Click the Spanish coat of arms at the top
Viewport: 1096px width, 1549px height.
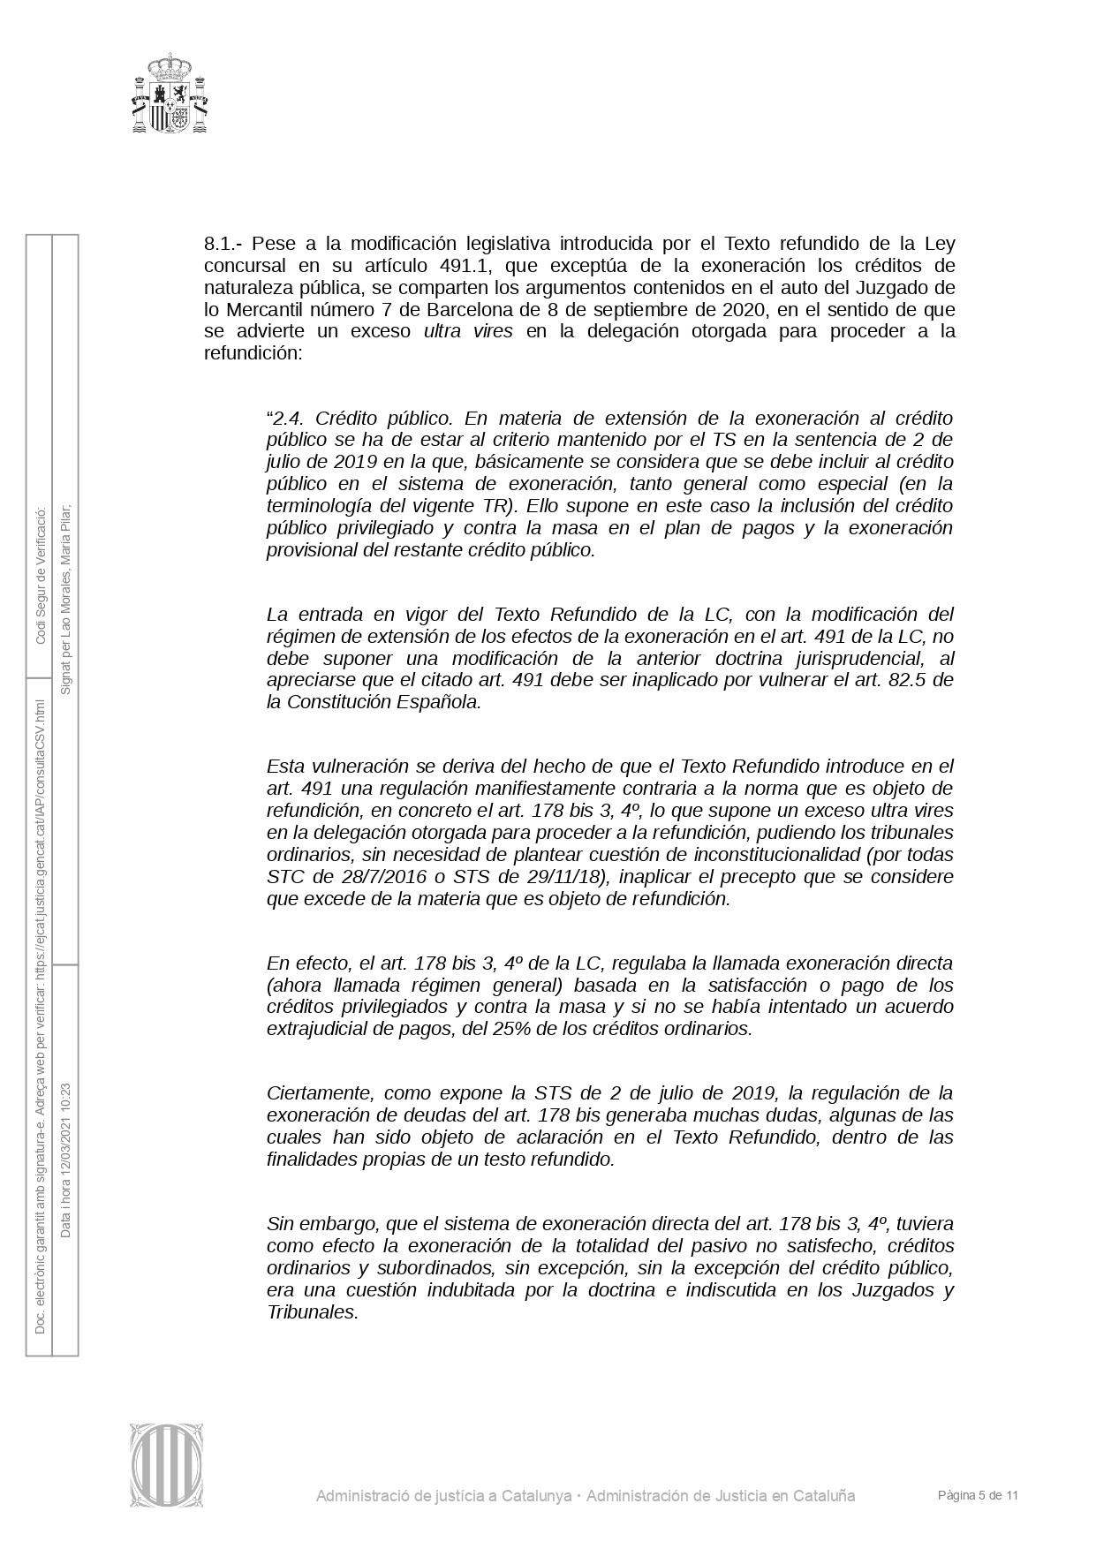(x=170, y=94)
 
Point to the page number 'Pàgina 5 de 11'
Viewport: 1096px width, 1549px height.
(x=979, y=1495)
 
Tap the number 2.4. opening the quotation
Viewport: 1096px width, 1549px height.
(x=288, y=418)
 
